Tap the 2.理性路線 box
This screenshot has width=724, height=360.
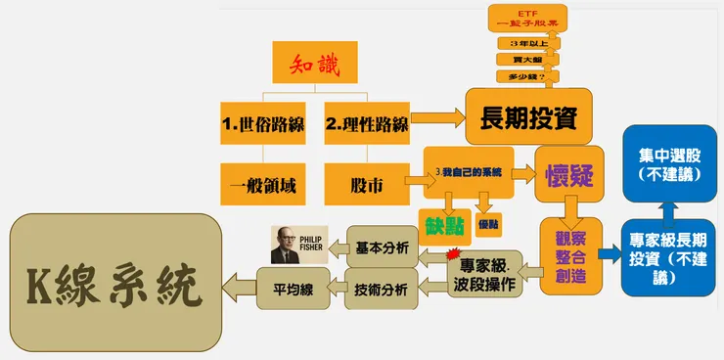(366, 124)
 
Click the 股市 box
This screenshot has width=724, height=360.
(366, 183)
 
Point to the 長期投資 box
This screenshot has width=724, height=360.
(529, 116)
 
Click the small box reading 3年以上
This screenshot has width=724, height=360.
(521, 44)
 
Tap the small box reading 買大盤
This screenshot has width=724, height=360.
(521, 61)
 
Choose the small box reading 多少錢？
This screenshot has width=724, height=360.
(521, 76)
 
